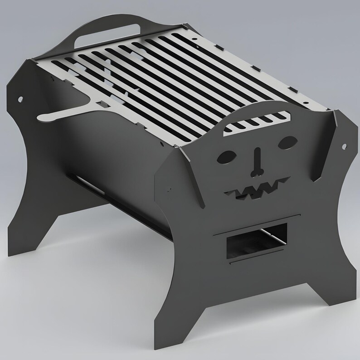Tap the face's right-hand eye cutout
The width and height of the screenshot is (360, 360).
coord(286,142)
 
